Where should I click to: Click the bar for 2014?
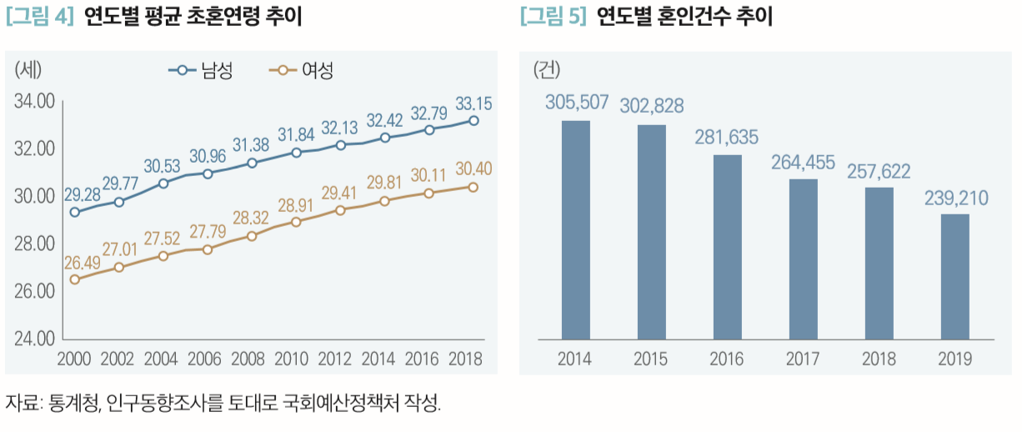coord(575,230)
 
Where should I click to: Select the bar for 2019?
coord(954,277)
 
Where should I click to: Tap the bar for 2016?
coord(727,247)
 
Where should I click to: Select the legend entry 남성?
coord(201,71)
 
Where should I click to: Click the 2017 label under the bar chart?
coord(803,359)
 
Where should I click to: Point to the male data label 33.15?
coord(473,104)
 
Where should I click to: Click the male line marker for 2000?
coord(75,212)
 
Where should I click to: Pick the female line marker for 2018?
coord(473,187)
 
